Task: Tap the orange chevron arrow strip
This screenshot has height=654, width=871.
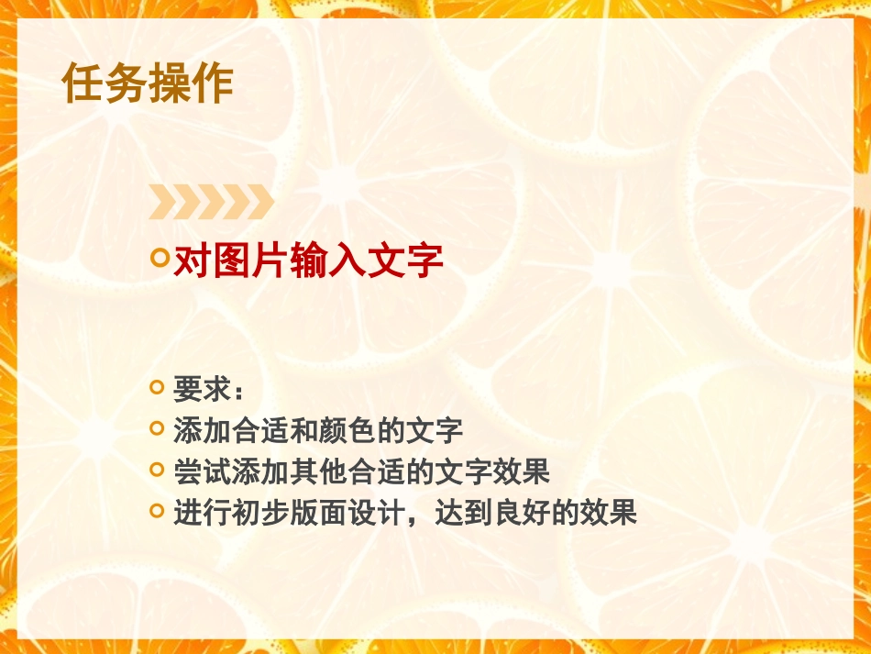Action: coord(212,202)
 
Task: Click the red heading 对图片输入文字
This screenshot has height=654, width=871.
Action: coord(308,261)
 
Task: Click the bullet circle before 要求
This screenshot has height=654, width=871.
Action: coord(158,388)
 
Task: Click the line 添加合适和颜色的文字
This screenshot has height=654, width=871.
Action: coord(317,430)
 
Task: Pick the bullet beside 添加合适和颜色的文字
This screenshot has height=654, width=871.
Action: coord(158,428)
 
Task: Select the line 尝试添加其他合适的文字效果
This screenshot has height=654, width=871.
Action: coord(361,471)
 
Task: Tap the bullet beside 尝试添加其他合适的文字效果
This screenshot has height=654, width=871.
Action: coord(158,470)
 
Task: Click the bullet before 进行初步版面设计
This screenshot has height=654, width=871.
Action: coord(158,510)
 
